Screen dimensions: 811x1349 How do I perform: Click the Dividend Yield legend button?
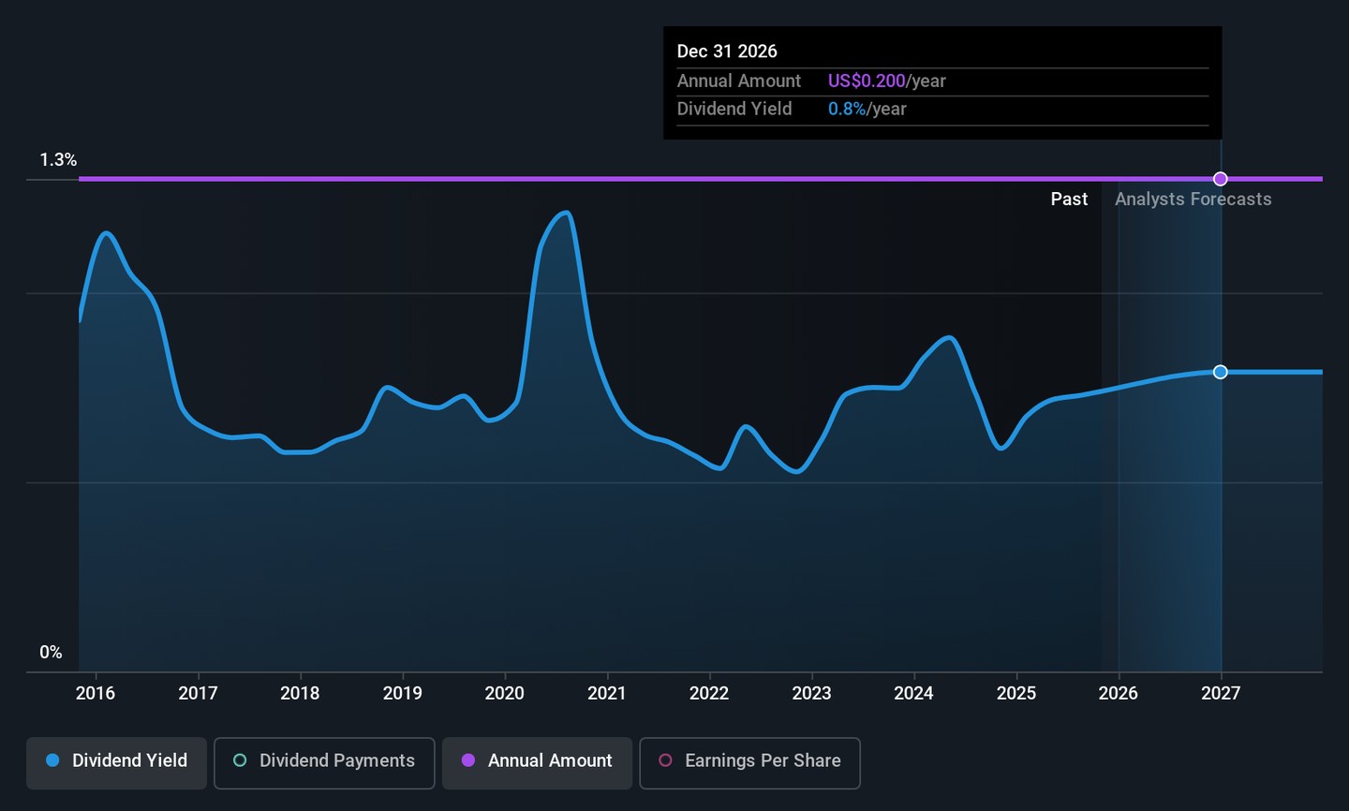[116, 761]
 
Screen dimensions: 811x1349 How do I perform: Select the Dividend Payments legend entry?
[324, 761]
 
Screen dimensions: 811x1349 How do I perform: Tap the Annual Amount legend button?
[537, 761]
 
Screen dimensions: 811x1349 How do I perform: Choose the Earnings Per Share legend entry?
[749, 761]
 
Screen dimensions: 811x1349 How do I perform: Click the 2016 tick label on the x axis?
[96, 693]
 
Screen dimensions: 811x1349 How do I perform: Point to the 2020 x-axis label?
[504, 693]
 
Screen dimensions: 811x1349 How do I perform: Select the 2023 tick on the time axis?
[811, 693]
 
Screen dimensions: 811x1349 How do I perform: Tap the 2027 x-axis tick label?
[1221, 693]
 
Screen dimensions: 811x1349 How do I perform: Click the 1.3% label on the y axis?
[58, 160]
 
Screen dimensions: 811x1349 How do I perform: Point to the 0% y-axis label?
[51, 653]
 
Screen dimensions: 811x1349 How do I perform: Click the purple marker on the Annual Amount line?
[1221, 179]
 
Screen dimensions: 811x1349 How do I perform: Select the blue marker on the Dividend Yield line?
[1221, 372]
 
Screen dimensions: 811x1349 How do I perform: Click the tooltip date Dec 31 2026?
[727, 52]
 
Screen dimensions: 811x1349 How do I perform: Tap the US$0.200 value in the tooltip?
[867, 81]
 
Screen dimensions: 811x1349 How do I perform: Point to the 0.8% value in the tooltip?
[847, 110]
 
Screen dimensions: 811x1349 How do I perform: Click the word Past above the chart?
[1069, 199]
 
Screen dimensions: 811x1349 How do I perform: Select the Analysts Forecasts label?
[1193, 199]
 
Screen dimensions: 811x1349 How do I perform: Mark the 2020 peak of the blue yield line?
[565, 213]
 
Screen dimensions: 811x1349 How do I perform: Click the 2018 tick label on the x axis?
[300, 693]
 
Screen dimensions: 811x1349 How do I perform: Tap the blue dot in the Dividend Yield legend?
[52, 760]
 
